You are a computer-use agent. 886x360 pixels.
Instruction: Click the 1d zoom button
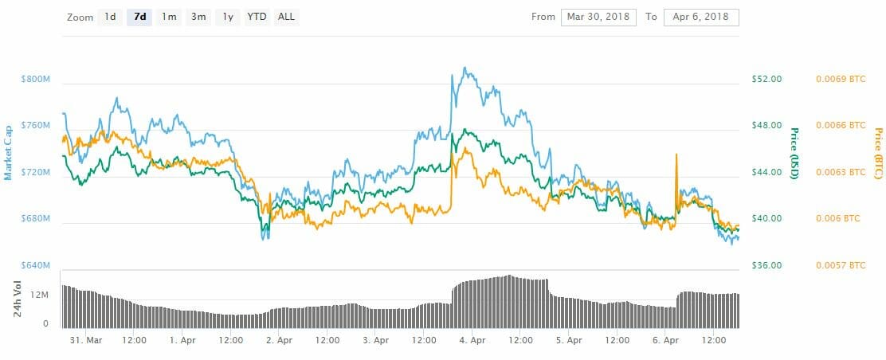pos(111,17)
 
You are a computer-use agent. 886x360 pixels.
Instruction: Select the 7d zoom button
pos(139,17)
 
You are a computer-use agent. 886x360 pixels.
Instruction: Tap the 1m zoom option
pos(168,17)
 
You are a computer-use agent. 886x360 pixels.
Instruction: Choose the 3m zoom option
pos(198,17)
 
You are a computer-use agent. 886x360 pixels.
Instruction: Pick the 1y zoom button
pos(228,17)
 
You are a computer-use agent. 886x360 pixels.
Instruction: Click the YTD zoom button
pos(257,17)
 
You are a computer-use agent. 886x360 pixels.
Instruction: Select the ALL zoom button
pos(286,17)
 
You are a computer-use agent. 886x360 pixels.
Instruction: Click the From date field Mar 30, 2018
pos(598,17)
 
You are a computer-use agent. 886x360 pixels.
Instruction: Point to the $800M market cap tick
pos(37,79)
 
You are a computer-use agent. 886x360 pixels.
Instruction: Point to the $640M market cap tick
pos(37,265)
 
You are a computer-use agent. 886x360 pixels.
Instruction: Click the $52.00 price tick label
pos(766,79)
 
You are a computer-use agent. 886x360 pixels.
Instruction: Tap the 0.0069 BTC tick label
pos(840,79)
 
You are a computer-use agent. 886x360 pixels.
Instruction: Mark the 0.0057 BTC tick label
pos(840,265)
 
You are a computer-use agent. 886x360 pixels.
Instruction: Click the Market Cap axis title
pos(8,152)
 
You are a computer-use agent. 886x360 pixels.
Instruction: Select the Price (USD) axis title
pos(794,152)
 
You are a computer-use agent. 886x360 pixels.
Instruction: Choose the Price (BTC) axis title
pos(878,152)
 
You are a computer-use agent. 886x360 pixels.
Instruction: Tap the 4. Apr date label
pos(472,340)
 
